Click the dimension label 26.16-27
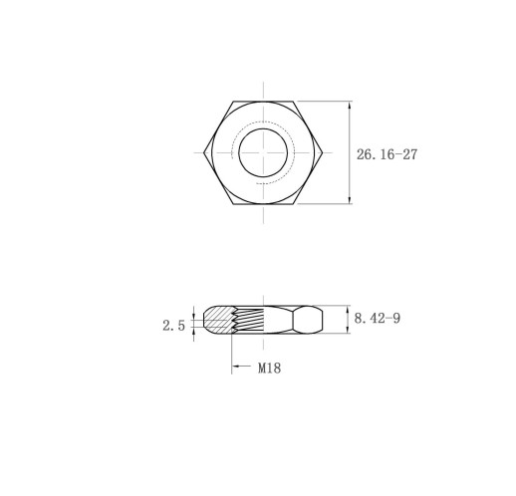click(387, 154)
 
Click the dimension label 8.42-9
click(378, 319)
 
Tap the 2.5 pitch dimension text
click(173, 326)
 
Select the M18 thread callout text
click(269, 368)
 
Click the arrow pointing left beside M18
click(241, 367)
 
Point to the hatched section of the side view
click(218, 320)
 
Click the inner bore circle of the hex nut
click(263, 128)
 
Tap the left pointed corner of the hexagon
click(203, 152)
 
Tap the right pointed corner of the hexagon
click(323, 152)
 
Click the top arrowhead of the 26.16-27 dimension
click(350, 105)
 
